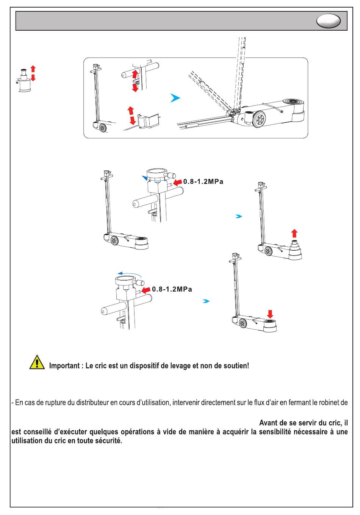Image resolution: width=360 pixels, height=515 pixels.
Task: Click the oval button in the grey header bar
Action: (329, 21)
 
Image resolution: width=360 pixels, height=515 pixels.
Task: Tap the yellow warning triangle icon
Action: (37, 362)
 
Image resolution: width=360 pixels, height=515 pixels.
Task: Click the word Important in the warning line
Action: (64, 366)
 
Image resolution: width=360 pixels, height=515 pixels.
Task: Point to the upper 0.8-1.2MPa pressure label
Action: (203, 182)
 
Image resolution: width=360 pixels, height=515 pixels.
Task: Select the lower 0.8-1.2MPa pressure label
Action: (172, 289)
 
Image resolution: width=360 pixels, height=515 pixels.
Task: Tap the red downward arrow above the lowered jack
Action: (270, 314)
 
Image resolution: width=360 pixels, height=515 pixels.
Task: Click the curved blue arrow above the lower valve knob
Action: (129, 274)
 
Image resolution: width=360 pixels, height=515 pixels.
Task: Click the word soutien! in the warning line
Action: (236, 366)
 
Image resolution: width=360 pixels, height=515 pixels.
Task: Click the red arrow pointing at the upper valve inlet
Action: (177, 182)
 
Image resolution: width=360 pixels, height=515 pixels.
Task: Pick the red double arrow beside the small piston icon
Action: (33, 73)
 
